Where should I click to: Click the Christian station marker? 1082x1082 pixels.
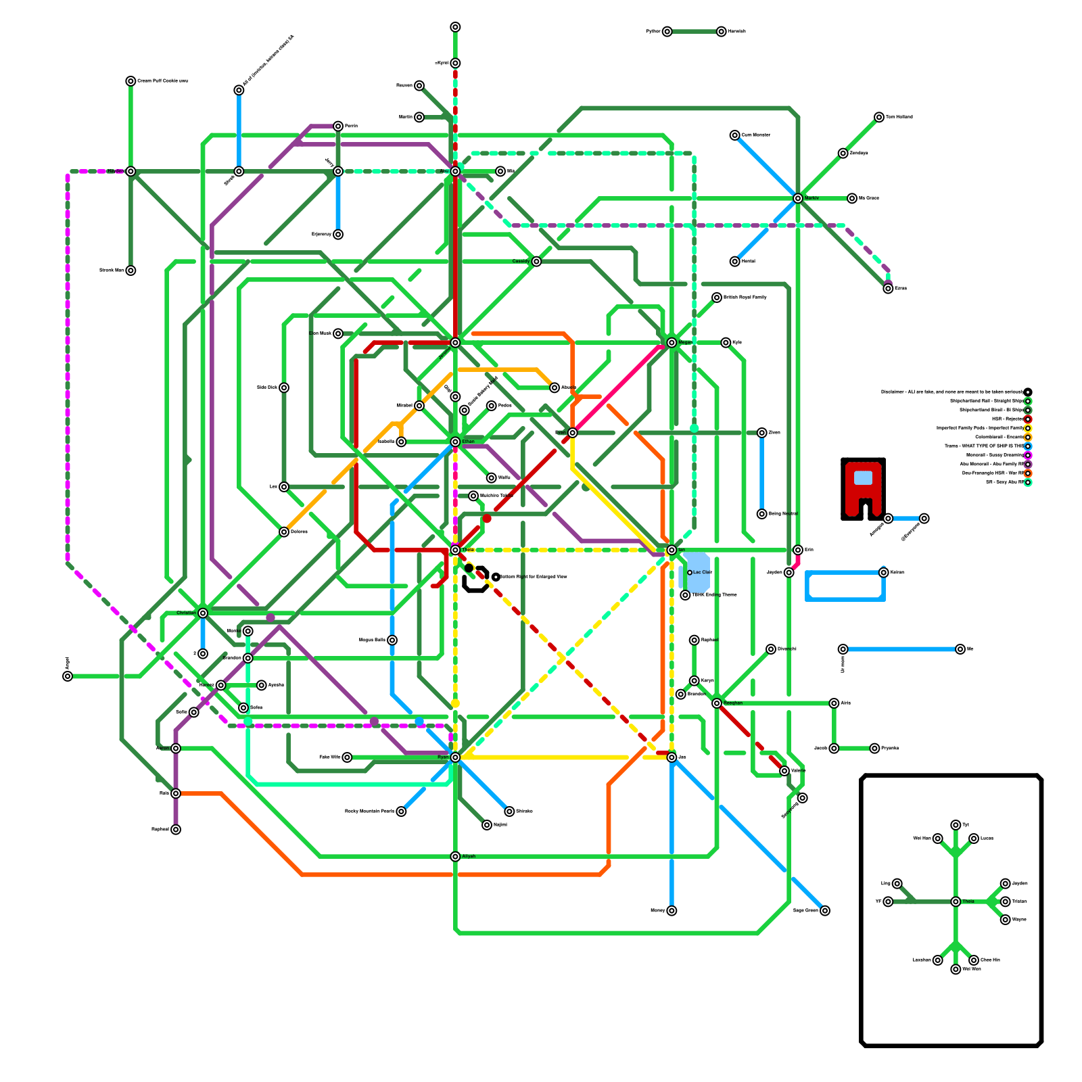[203, 613]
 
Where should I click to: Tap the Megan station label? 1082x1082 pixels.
[685, 342]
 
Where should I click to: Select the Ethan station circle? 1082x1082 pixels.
[455, 442]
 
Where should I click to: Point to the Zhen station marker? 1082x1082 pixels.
[761, 433]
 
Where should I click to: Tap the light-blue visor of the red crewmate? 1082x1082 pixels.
[863, 477]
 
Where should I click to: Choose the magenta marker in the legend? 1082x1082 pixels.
[1028, 455]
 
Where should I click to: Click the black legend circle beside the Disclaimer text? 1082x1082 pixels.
[1028, 392]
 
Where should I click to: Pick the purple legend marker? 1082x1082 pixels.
[1028, 465]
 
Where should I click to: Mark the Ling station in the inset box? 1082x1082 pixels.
[897, 883]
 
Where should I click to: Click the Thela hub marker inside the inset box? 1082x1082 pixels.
[956, 901]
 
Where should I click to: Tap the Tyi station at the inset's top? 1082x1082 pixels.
[956, 825]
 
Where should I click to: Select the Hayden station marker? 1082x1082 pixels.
[131, 171]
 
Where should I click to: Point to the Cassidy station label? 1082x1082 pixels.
[521, 261]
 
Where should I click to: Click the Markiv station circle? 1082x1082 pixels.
[798, 198]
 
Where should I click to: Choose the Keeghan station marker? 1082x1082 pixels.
[717, 703]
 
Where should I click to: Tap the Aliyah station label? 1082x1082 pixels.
[469, 856]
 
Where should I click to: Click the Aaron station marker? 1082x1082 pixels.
[176, 748]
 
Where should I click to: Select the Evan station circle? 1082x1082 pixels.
[572, 433]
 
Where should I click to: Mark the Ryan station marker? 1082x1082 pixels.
[455, 757]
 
